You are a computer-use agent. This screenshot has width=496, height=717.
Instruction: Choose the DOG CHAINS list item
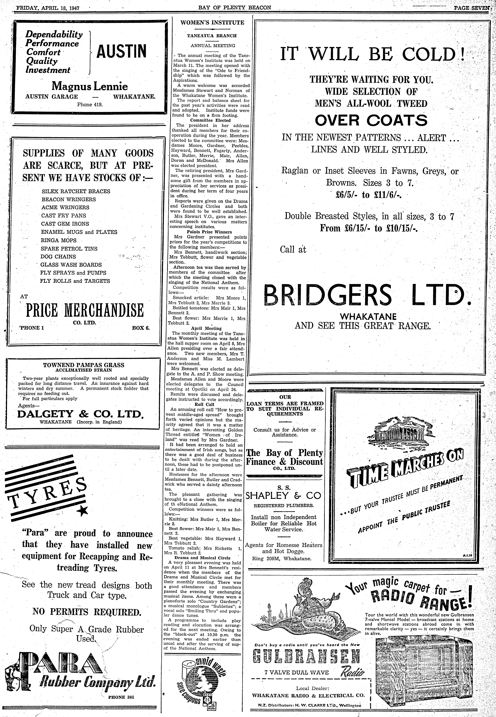(x=58, y=257)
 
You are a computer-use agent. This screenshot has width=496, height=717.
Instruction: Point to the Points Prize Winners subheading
(x=209, y=232)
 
